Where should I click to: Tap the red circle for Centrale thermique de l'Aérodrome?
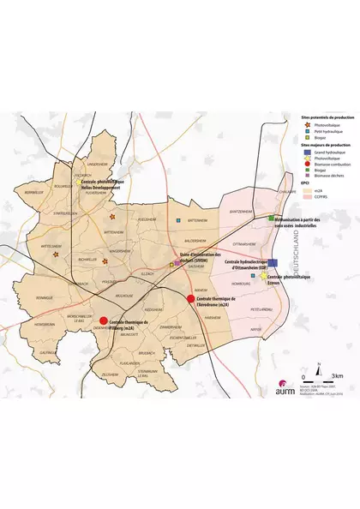click(x=191, y=298)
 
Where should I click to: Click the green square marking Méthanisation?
click(x=271, y=219)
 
